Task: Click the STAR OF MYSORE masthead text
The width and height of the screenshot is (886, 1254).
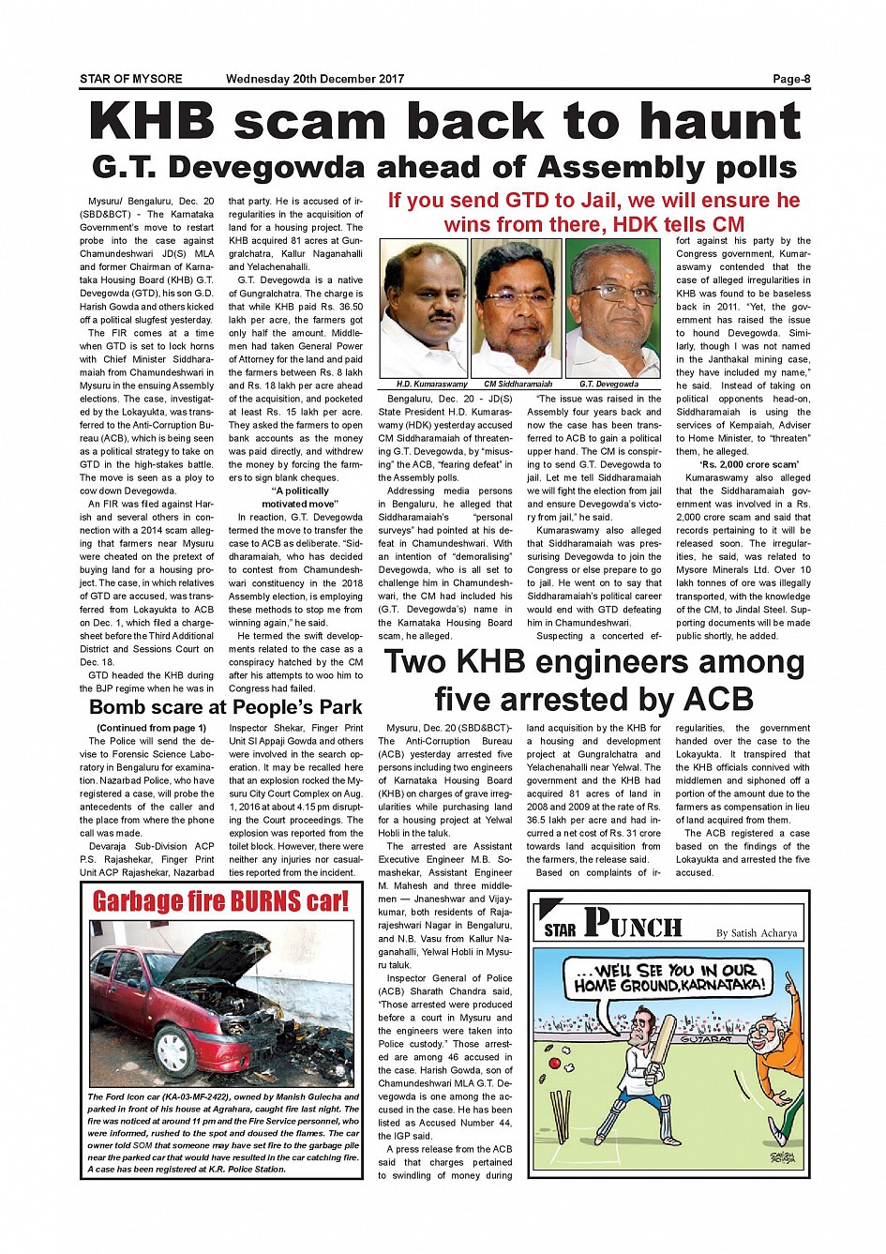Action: [130, 79]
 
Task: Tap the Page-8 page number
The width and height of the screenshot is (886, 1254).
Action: [790, 79]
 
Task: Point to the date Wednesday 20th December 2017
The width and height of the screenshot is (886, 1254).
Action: [314, 79]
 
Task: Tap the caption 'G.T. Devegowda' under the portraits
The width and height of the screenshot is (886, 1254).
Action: [608, 385]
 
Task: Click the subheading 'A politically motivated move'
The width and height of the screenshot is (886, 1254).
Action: [299, 497]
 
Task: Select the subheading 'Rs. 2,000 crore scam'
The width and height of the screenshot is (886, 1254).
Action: [748, 464]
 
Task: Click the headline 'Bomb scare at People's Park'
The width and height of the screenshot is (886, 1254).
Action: [225, 707]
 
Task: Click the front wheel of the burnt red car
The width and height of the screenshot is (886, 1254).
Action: [174, 1050]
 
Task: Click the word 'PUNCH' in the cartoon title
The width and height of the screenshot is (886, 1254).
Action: [633, 925]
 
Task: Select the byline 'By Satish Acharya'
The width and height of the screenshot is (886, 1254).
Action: [756, 933]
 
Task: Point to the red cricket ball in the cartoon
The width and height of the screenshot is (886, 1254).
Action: [554, 1065]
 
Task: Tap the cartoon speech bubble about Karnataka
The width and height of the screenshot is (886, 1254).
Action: [670, 979]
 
